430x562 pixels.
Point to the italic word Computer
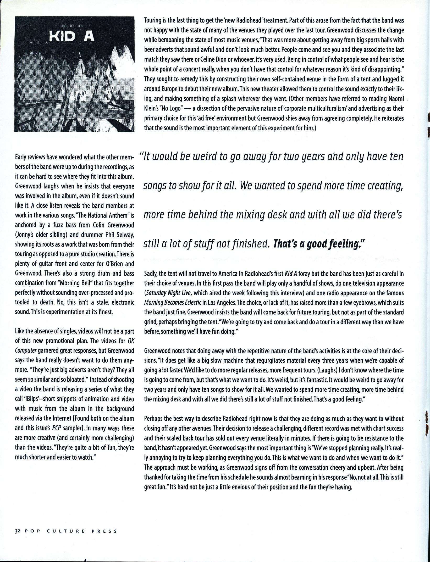(26, 350)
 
